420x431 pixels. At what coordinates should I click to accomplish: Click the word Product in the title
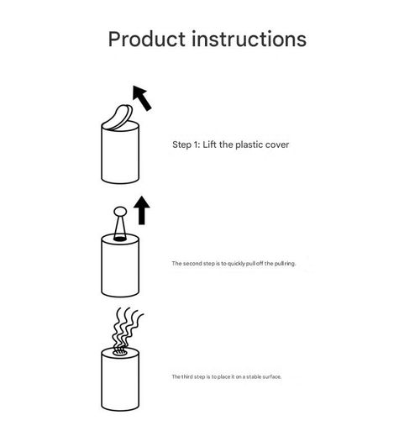(147, 39)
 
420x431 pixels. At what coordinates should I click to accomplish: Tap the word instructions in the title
(249, 39)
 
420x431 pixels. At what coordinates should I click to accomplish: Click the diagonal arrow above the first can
(142, 97)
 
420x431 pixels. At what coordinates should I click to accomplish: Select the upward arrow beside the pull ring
(142, 210)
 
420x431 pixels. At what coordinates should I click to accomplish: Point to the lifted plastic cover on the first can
(119, 118)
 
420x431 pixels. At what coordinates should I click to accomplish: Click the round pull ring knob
(120, 212)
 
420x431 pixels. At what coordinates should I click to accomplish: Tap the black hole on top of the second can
(120, 239)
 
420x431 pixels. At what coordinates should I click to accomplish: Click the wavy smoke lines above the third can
(126, 328)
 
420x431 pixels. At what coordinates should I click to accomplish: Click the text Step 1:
(186, 145)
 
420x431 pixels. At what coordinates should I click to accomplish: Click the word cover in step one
(277, 145)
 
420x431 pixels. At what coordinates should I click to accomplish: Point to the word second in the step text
(192, 263)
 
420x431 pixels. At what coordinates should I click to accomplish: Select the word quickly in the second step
(236, 264)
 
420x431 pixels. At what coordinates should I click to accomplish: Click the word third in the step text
(187, 376)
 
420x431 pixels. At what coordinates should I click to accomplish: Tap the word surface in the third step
(271, 376)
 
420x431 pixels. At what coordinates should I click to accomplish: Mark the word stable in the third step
(254, 376)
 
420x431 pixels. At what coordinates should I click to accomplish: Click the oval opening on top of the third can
(120, 352)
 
